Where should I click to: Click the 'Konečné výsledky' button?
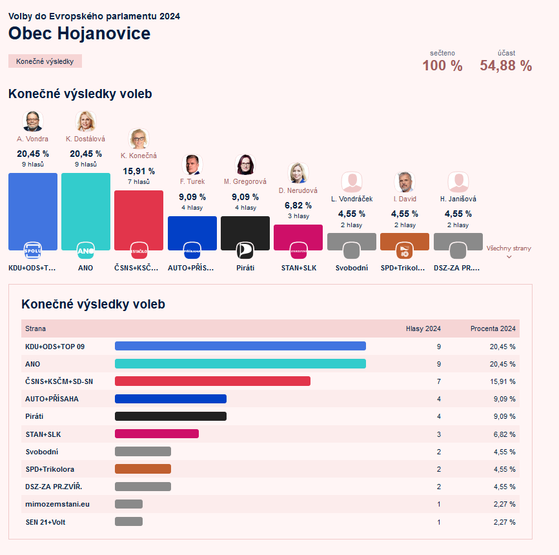[x=45, y=61]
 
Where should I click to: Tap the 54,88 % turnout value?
[x=505, y=66]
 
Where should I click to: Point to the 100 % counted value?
[x=442, y=66]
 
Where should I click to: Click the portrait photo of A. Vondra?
[x=33, y=121]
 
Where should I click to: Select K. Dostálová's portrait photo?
[x=86, y=121]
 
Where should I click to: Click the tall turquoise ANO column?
[x=86, y=212]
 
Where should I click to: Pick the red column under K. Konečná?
[x=139, y=220]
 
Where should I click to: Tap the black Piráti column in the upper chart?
[x=245, y=233]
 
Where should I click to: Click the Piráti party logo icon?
[x=245, y=250]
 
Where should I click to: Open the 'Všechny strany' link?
[x=509, y=248]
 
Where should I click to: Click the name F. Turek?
[x=192, y=181]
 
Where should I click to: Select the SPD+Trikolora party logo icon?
[x=405, y=250]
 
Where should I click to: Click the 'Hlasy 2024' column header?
[x=423, y=328]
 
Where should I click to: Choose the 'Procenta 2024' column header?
[x=493, y=328]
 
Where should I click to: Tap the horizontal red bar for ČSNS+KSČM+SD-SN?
[x=212, y=381]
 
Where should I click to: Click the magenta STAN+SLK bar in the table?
[x=157, y=434]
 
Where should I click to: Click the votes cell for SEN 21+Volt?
[x=439, y=522]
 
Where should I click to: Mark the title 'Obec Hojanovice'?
[x=79, y=34]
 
